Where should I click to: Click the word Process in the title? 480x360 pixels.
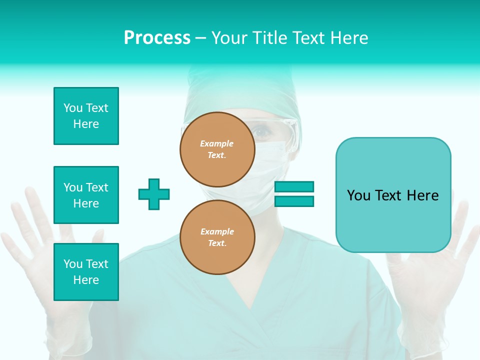[x=157, y=37]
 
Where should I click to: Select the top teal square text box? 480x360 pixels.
[x=86, y=116]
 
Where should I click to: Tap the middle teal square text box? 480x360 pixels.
[x=86, y=195]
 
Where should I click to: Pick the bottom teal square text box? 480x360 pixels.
[x=86, y=272]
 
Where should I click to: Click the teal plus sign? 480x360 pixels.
[x=154, y=194]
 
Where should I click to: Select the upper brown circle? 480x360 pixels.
[x=217, y=149]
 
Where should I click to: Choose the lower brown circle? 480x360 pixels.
[x=217, y=237]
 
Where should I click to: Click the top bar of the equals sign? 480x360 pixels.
[x=294, y=186]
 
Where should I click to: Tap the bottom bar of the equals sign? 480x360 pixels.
[x=294, y=201]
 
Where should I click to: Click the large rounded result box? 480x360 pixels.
[x=393, y=195]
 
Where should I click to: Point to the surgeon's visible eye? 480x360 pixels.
[x=262, y=132]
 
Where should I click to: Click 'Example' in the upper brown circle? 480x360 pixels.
[x=216, y=143]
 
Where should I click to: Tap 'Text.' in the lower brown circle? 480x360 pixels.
[x=216, y=243]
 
